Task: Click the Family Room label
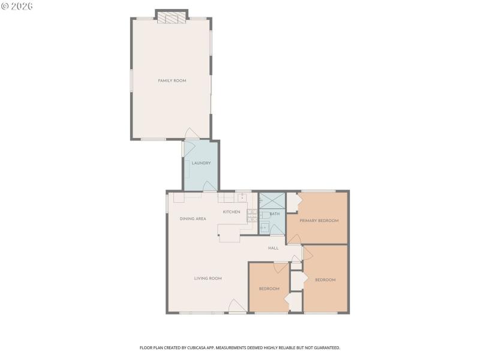pyautogui.click(x=172, y=80)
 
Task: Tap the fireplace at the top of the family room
pyautogui.click(x=172, y=19)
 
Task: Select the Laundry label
pyautogui.click(x=201, y=163)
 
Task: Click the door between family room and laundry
pyautogui.click(x=190, y=134)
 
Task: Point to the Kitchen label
pyautogui.click(x=232, y=212)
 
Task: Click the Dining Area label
pyautogui.click(x=193, y=218)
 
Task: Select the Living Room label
pyautogui.click(x=208, y=278)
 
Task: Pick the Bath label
pyautogui.click(x=274, y=214)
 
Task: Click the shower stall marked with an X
pyautogui.click(x=272, y=200)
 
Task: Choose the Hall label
pyautogui.click(x=273, y=247)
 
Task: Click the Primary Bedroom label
pyautogui.click(x=319, y=221)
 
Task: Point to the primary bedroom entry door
pyautogui.click(x=294, y=239)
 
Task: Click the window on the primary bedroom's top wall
pyautogui.click(x=318, y=191)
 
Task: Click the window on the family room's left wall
pyautogui.click(x=131, y=80)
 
